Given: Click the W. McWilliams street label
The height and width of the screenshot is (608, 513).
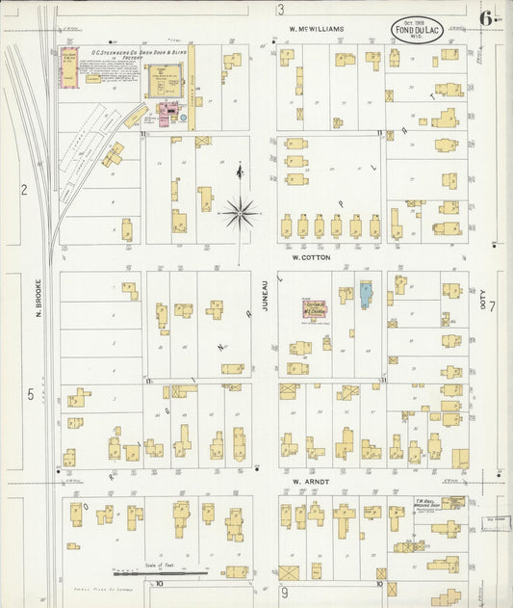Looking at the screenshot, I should pyautogui.click(x=317, y=30).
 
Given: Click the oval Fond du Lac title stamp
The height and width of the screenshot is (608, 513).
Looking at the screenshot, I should pyautogui.click(x=418, y=28).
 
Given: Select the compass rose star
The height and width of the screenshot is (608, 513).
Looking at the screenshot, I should pyautogui.click(x=240, y=211).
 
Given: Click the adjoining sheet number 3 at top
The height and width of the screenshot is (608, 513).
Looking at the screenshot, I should pyautogui.click(x=281, y=10).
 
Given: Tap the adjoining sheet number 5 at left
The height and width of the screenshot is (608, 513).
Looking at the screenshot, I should pyautogui.click(x=30, y=394).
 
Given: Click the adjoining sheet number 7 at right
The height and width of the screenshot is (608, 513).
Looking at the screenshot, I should pyautogui.click(x=490, y=307).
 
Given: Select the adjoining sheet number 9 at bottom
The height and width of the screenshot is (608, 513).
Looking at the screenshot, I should pyautogui.click(x=285, y=592).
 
